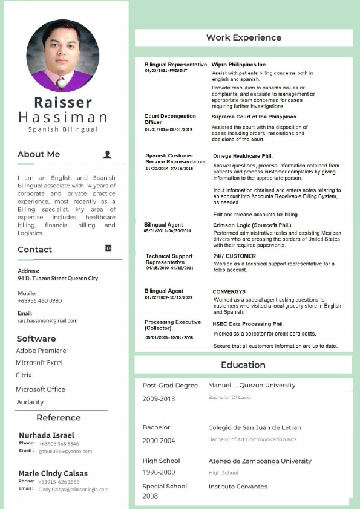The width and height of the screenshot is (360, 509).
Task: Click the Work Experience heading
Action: [243, 37]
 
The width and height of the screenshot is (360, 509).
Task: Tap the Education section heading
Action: [243, 365]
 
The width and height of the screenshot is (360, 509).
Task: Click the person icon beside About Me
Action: [107, 154]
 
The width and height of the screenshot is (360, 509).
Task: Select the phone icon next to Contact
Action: [108, 248]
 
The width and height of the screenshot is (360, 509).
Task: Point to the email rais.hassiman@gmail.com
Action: [48, 321]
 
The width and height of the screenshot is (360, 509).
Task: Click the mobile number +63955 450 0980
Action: [40, 300]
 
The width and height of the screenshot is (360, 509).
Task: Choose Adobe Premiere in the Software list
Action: [41, 351]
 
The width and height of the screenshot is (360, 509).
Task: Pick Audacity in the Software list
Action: [30, 402]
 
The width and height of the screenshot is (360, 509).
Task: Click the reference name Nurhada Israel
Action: [47, 435]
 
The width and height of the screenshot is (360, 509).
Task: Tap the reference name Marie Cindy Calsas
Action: [53, 473]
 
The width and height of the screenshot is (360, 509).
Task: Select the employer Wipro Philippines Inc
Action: [238, 64]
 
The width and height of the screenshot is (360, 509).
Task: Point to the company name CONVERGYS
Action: [229, 291]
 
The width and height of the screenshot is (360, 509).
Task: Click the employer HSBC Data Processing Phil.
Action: [248, 323]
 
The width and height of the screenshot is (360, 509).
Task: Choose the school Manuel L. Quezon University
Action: [252, 385]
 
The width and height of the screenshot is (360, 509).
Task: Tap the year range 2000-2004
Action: [159, 441]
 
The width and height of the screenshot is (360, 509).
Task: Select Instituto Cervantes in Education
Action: [238, 486]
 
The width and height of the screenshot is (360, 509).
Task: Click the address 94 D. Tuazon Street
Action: [58, 279]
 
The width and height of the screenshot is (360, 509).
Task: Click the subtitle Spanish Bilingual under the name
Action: [62, 129]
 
